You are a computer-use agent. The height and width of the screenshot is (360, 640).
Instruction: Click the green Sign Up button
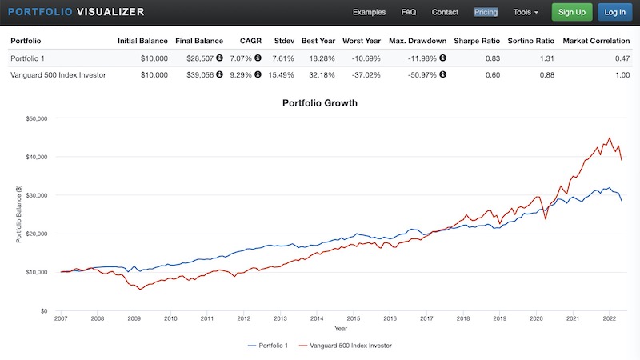571,12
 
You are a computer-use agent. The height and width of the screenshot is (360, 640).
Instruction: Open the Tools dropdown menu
526,12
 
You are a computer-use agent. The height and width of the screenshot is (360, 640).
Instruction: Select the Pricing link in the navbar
486,12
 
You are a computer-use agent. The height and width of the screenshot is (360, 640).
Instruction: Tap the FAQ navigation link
409,12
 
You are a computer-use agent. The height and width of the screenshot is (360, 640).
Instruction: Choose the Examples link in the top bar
369,12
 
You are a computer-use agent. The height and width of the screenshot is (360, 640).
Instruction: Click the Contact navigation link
445,12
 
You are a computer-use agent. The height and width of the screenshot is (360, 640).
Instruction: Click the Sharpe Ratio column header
476,40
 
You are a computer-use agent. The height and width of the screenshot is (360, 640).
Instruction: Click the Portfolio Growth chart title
319,103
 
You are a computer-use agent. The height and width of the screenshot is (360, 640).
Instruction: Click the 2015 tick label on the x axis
354,318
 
